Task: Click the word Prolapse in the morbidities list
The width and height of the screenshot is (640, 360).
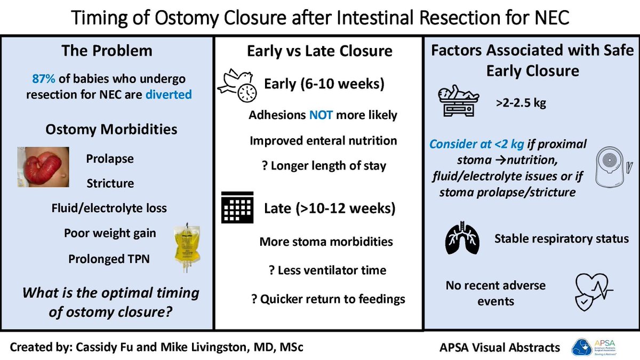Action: click(x=110, y=159)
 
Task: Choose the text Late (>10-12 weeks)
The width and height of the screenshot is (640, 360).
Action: click(x=330, y=209)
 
